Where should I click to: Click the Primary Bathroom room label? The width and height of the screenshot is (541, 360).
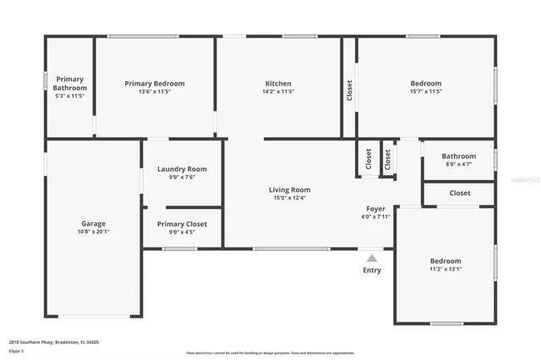[69, 83]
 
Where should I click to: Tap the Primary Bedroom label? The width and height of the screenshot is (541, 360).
[154, 84]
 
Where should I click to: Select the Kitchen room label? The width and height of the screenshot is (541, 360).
[278, 84]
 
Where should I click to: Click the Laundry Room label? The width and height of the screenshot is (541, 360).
[182, 169]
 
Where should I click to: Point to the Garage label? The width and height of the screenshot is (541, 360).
[93, 223]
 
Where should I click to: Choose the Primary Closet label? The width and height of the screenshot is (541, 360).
[182, 223]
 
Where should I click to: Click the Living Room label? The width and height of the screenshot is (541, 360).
[289, 190]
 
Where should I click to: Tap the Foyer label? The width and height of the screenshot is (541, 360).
[375, 209]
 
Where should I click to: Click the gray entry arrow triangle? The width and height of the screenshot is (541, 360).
[372, 257]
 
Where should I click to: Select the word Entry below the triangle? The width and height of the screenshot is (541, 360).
[372, 270]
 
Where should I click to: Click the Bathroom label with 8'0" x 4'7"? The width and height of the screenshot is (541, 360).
[459, 155]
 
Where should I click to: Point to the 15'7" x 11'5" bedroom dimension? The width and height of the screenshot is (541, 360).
[426, 92]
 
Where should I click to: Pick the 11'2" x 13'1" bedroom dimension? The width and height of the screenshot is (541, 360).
[445, 270]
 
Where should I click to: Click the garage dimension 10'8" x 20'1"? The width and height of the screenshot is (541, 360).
[93, 232]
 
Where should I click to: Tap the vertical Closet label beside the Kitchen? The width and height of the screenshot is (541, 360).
[349, 90]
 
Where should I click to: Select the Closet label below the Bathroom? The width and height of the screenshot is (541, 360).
[460, 193]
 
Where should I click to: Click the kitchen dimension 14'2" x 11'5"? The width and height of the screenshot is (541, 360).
[278, 92]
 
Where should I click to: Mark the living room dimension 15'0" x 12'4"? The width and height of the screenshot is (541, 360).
[289, 199]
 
